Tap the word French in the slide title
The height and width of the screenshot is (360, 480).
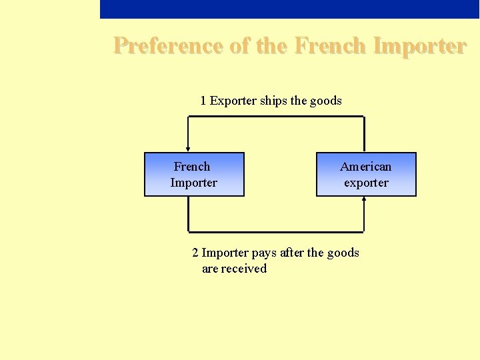(x=329, y=46)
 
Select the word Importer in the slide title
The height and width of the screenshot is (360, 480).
(x=420, y=46)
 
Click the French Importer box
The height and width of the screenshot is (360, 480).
(x=194, y=175)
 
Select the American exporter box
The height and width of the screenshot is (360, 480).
(x=366, y=175)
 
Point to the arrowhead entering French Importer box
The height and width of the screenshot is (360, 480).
(x=188, y=149)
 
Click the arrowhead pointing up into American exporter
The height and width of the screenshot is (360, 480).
(x=364, y=199)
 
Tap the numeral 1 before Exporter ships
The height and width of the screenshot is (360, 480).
(x=203, y=101)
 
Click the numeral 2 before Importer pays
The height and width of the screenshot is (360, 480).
(x=195, y=253)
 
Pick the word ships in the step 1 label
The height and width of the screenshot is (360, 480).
(x=273, y=101)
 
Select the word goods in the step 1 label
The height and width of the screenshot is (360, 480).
(x=326, y=101)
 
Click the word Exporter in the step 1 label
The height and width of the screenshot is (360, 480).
(x=233, y=101)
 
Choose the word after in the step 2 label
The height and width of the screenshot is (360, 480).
(x=292, y=253)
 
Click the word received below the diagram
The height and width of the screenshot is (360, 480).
(x=244, y=269)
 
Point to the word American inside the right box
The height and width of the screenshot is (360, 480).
(x=366, y=167)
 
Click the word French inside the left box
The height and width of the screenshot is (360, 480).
(x=192, y=167)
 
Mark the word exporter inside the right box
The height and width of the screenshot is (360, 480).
(x=366, y=183)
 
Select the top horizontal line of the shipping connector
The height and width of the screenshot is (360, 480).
(x=276, y=117)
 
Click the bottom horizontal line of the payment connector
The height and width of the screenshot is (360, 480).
(x=276, y=232)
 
